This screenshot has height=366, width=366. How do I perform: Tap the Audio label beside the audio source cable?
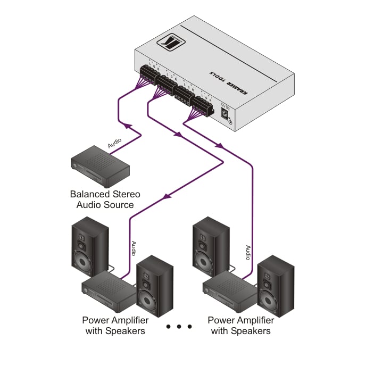[x=115, y=143]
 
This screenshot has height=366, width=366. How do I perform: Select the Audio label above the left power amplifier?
[x=134, y=249]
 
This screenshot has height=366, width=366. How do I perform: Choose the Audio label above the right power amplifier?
[x=248, y=253]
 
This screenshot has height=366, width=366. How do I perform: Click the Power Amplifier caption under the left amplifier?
[x=115, y=320]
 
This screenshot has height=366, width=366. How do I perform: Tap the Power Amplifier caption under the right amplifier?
[x=240, y=320]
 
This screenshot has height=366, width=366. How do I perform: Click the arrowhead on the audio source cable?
[x=127, y=126]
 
